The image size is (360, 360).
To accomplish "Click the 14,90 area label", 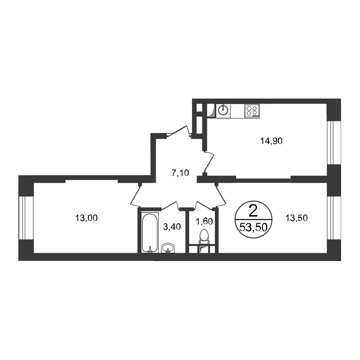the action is coord(271,141).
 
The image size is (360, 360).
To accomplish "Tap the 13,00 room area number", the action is coord(86,218).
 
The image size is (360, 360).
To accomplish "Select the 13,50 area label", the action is coord(296,218).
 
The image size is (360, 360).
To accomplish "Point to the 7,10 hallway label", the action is coord(180,173).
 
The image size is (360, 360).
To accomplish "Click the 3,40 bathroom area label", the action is coord(172,227).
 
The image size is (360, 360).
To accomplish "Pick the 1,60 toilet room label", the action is coord(204,221).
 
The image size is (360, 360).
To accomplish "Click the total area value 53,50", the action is coord(253,228).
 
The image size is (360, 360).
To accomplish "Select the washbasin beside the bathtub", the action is coord(168,248).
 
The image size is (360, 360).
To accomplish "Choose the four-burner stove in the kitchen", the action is coord(252,111).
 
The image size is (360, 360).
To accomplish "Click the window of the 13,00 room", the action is coord(26,218).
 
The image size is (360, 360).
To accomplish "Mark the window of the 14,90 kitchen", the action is coord(334,143).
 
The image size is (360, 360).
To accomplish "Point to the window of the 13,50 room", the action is coord(334,218).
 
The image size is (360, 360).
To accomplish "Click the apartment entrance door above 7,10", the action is coord(179,132).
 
